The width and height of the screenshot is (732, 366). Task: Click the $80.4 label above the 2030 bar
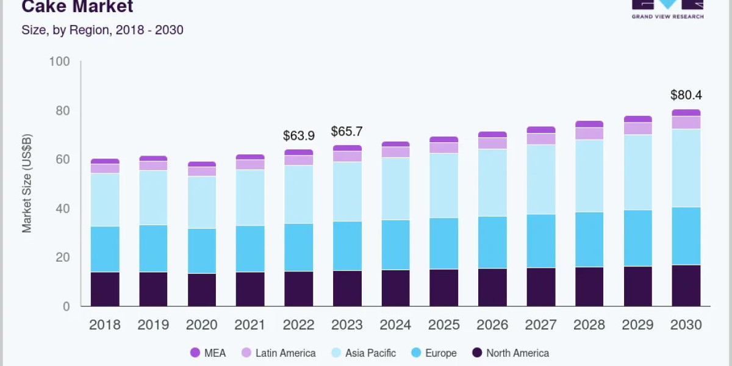tap(686, 95)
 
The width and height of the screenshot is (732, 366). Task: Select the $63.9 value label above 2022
tap(298, 135)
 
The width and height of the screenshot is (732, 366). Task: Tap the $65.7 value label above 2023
tap(346, 131)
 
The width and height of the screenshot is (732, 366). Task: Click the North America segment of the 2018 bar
tap(105, 289)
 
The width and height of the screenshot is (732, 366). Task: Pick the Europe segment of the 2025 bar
tap(443, 243)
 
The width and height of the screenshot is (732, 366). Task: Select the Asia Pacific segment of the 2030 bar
tap(686, 168)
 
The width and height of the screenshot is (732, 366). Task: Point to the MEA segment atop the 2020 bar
tap(202, 164)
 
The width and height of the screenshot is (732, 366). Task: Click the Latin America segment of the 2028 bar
tap(589, 134)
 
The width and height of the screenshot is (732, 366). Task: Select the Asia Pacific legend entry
tap(363, 353)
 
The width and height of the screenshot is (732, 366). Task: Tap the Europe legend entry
tap(434, 353)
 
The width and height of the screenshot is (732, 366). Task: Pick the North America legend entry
tap(511, 353)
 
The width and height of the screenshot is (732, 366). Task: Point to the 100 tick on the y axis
tap(59, 62)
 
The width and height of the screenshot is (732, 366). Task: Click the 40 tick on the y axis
tap(62, 209)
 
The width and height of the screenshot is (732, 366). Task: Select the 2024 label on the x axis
tap(395, 325)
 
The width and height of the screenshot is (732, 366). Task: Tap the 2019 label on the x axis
tap(153, 325)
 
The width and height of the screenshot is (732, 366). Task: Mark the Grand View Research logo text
tap(667, 16)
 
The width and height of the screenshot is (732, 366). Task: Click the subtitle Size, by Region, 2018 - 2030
tap(102, 29)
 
